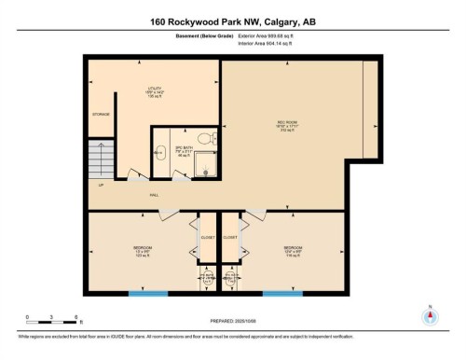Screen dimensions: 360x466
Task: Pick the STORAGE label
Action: (x=101, y=114)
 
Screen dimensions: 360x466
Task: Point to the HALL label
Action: (x=155, y=196)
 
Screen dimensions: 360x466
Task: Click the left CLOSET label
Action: (x=208, y=238)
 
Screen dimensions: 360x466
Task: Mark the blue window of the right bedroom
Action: (x=282, y=295)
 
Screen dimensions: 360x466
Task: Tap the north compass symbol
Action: (x=429, y=315)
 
